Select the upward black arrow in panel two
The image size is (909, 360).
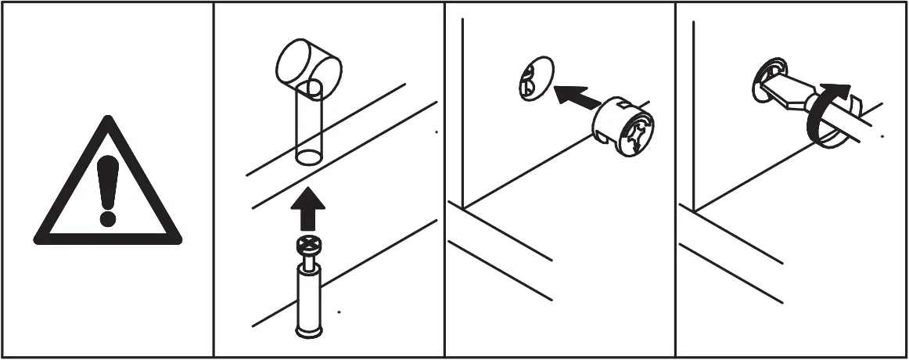point(308,210)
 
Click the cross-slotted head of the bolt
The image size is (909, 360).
point(308,247)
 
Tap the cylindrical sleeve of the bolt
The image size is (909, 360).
point(308,297)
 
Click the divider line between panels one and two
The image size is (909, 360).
point(214,180)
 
